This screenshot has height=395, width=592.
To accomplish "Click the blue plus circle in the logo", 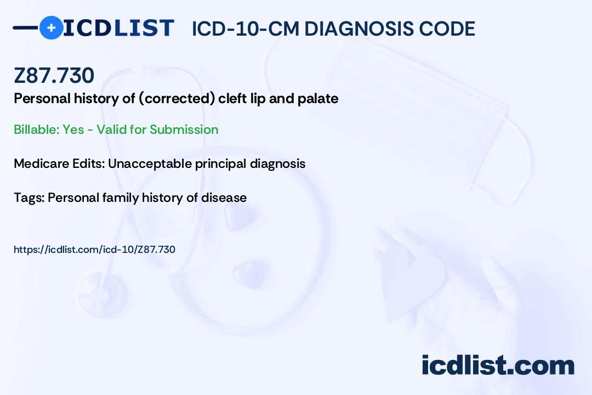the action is coord(51,28).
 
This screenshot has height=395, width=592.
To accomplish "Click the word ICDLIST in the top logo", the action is coord(118,28).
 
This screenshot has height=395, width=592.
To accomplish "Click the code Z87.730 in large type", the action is coord(54,75).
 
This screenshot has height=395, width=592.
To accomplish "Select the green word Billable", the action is coord(36,129).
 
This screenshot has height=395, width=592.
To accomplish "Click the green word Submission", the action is coord(184,129).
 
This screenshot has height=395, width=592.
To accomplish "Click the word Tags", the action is coord(29,198).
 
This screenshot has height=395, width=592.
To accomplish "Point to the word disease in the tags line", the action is coord(224,198).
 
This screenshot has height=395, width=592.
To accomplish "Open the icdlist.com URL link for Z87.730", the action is coord(94,250).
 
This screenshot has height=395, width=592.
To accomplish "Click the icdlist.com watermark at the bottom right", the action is coord(498,365).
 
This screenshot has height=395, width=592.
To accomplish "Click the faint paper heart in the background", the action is coord(412,278).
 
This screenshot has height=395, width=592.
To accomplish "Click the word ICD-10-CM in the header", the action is coord(245,29).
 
